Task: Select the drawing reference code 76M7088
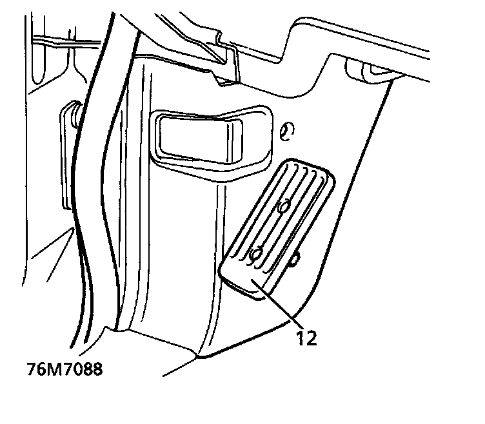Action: tap(65, 371)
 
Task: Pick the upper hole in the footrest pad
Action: tap(282, 207)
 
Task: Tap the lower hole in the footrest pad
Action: tap(258, 253)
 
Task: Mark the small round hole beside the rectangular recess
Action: tap(288, 131)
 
